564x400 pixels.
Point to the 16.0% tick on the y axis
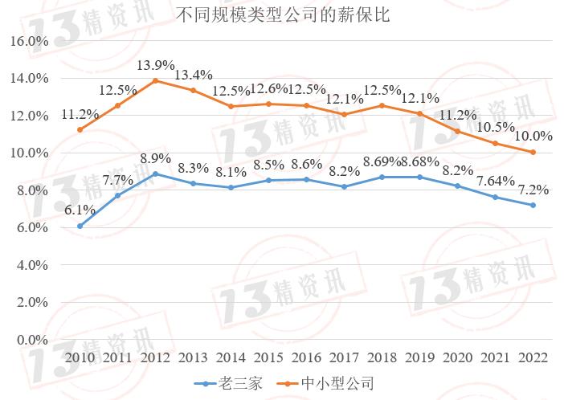[30, 41]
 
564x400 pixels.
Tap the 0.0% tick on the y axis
[33, 340]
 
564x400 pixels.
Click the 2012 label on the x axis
[154, 357]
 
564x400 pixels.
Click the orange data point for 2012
[155, 80]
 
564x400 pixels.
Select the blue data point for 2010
[80, 226]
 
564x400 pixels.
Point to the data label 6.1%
[80, 210]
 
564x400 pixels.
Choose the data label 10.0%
[533, 136]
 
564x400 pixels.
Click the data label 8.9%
[155, 157]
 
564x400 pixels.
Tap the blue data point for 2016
[305, 179]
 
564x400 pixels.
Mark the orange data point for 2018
[380, 106]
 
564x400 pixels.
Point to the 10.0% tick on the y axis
[30, 153]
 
